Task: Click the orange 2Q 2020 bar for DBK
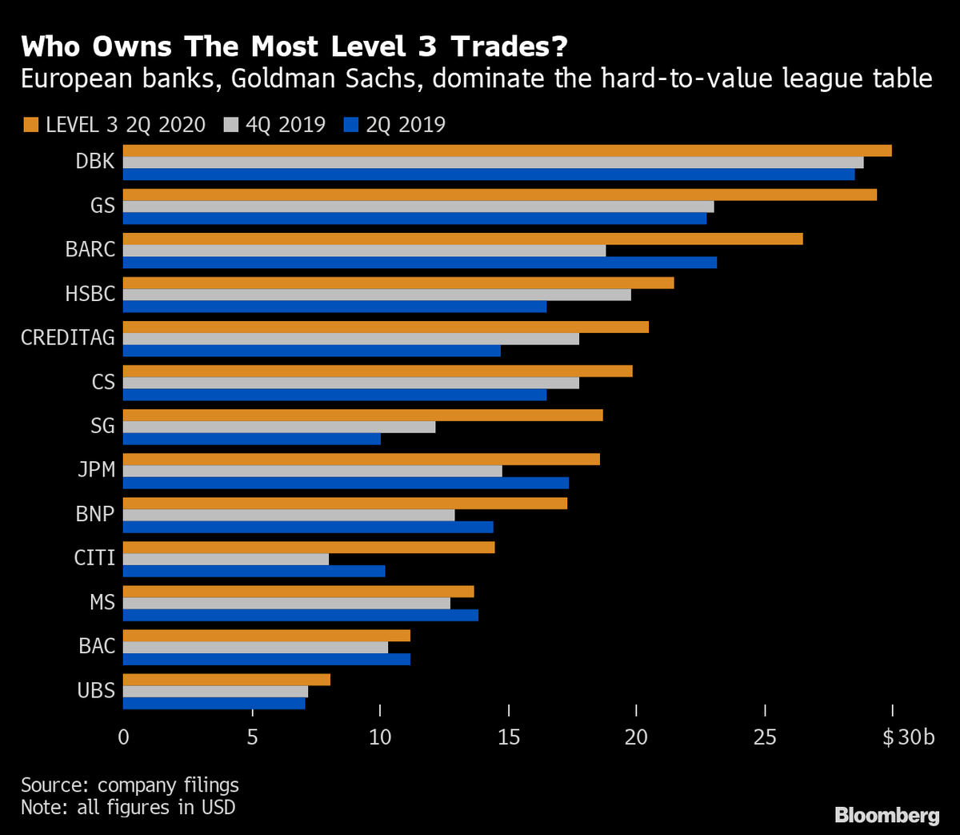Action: pyautogui.click(x=507, y=151)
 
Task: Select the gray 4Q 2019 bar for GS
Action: pyautogui.click(x=418, y=207)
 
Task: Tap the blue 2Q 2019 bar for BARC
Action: pyautogui.click(x=420, y=262)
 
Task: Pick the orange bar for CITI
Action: pyautogui.click(x=309, y=548)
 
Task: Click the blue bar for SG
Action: pyautogui.click(x=252, y=439)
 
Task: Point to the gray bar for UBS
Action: pyautogui.click(x=216, y=691)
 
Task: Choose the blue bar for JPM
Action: pyautogui.click(x=346, y=483)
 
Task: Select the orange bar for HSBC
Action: pyautogui.click(x=398, y=283)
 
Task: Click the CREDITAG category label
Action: pyautogui.click(x=68, y=338)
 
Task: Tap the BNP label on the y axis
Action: pyautogui.click(x=95, y=514)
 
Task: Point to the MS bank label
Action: pyautogui.click(x=102, y=602)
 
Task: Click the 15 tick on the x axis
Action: pyautogui.click(x=508, y=737)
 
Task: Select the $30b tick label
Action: pyautogui.click(x=908, y=737)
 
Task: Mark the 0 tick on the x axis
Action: pyautogui.click(x=123, y=737)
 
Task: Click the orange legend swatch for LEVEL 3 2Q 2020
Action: pyautogui.click(x=30, y=125)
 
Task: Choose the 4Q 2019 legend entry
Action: pyautogui.click(x=284, y=125)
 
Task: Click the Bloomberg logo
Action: pyautogui.click(x=886, y=815)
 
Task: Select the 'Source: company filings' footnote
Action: pyautogui.click(x=130, y=785)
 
